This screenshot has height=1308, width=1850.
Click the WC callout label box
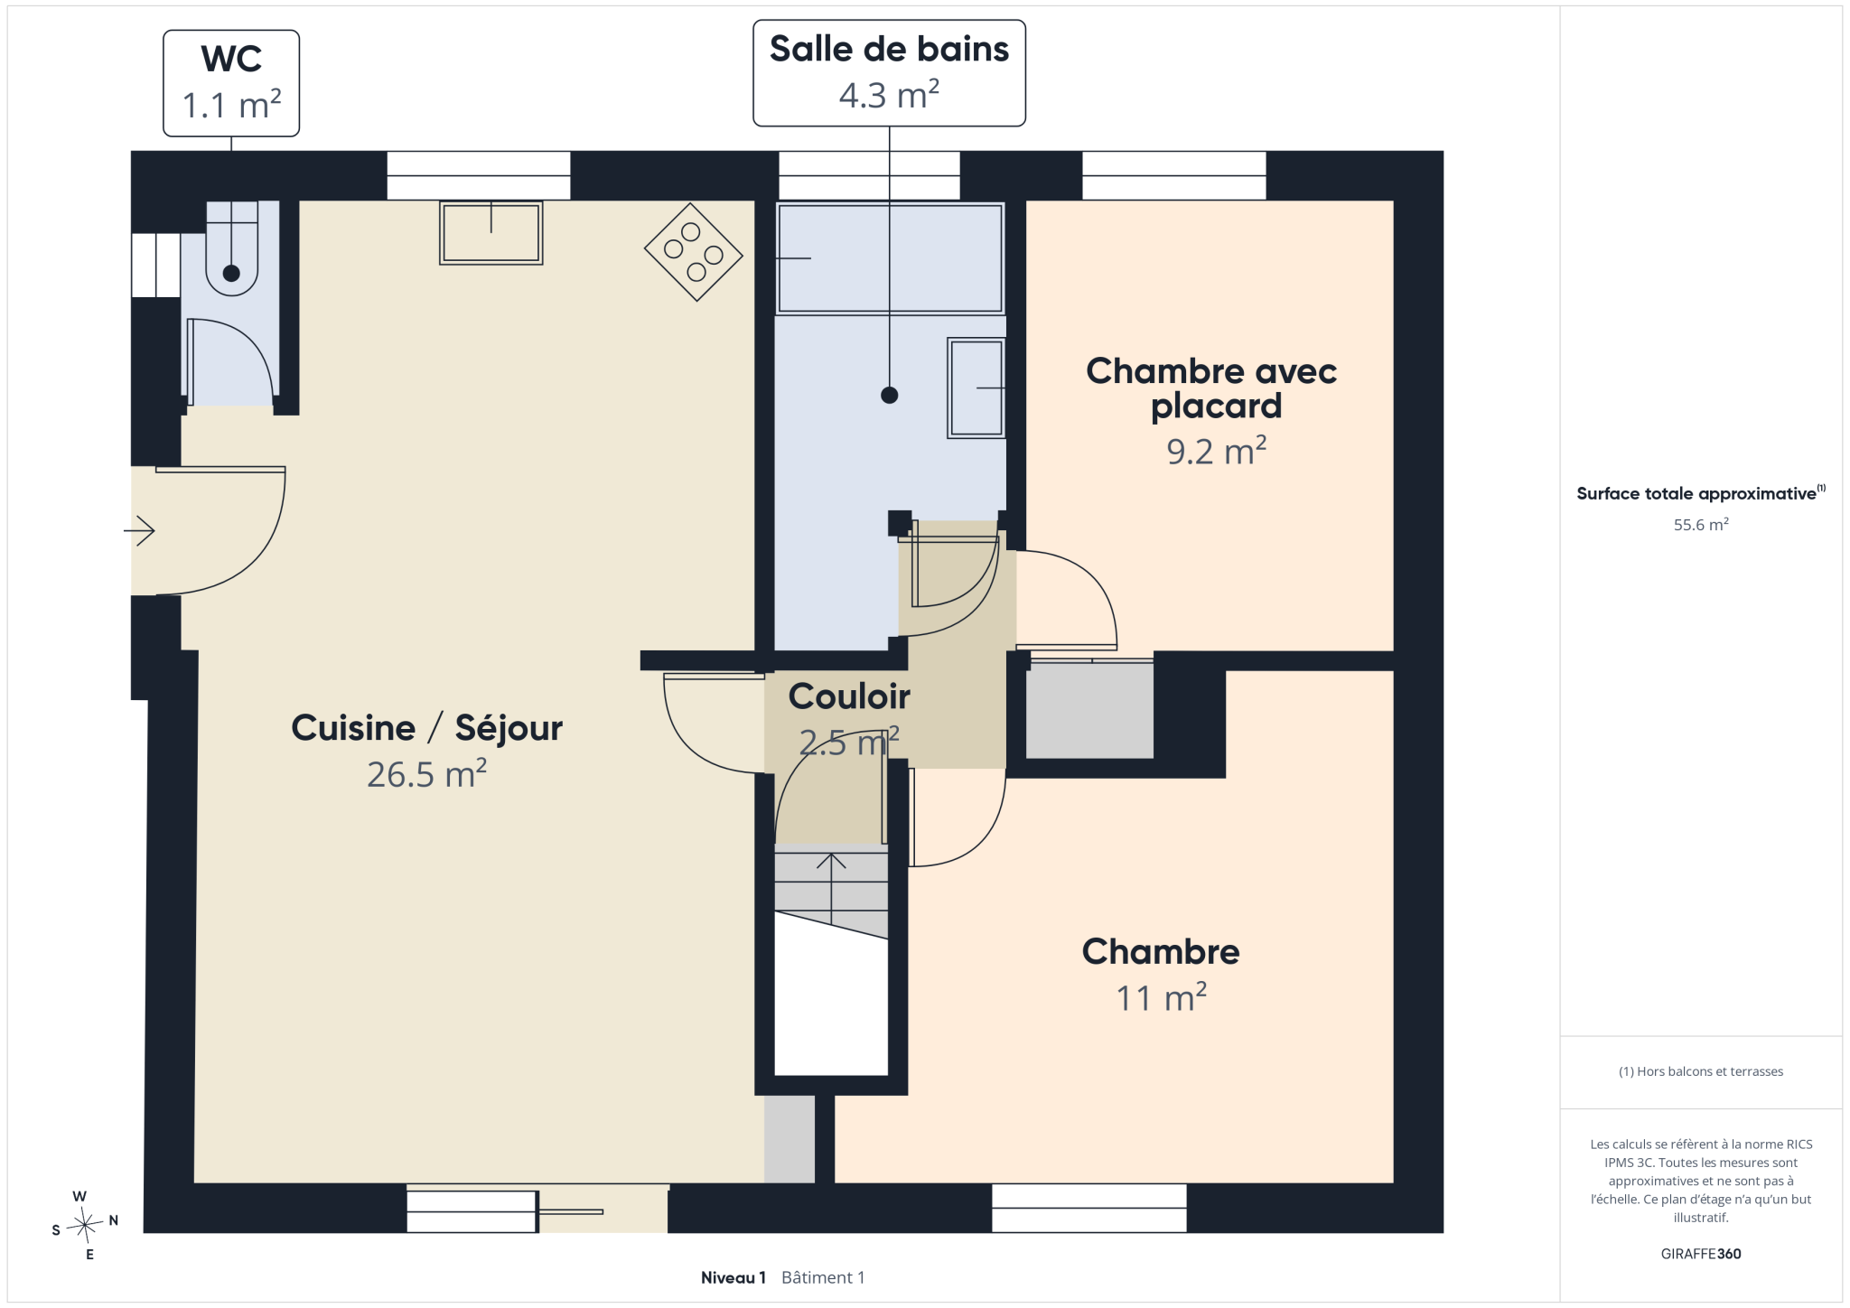(x=231, y=83)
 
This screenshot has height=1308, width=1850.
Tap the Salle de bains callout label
(x=889, y=73)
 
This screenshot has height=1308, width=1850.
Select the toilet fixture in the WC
(x=232, y=248)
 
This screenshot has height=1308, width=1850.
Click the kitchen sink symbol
(x=491, y=233)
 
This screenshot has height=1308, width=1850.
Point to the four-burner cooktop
(x=694, y=252)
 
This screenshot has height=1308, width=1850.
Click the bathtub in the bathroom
(x=890, y=258)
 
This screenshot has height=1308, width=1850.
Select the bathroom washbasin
(x=976, y=388)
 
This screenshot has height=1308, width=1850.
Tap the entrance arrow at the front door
(x=139, y=530)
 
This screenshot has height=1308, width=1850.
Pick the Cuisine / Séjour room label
(x=426, y=728)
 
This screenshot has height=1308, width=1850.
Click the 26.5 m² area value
(x=426, y=774)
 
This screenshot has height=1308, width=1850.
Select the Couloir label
(x=849, y=696)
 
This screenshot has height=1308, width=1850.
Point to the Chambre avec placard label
(x=1212, y=388)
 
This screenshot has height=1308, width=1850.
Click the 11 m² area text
(x=1161, y=997)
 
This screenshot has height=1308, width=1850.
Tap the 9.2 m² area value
(x=1216, y=451)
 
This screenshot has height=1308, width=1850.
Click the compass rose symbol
(x=85, y=1226)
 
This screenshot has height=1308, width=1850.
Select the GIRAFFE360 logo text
(x=1701, y=1254)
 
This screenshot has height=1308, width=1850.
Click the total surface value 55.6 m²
(x=1701, y=525)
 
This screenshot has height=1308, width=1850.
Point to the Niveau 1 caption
(x=733, y=1277)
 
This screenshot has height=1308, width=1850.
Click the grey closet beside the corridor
(x=1089, y=710)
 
